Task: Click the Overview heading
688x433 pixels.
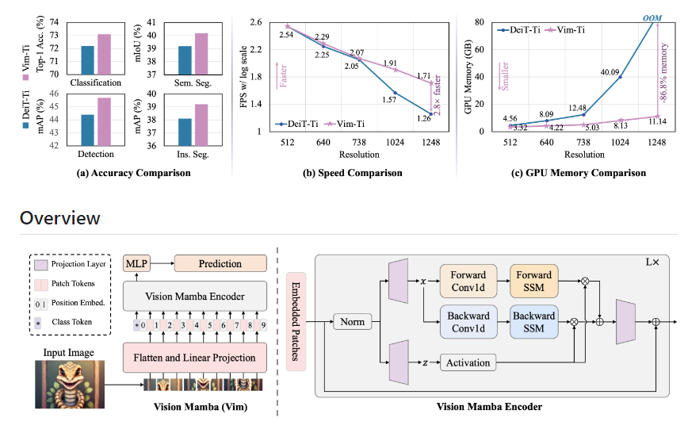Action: point(60,218)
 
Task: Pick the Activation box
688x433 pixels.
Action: point(467,362)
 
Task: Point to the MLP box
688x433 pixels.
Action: point(137,262)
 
